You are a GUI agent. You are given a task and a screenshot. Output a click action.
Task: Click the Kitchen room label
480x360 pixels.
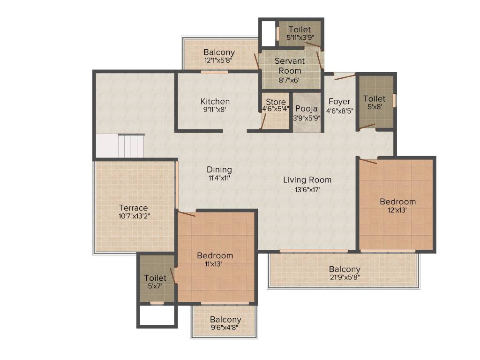215,101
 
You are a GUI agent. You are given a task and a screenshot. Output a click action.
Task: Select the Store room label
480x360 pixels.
276,102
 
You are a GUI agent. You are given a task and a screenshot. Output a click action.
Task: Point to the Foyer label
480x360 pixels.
339,102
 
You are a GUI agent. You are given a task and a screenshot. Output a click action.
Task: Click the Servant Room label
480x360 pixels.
290,66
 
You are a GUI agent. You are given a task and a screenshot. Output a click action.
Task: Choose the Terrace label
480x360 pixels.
133,208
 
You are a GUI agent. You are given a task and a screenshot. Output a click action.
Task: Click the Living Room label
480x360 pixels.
307,180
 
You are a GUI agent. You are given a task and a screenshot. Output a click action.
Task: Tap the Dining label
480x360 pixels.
219,170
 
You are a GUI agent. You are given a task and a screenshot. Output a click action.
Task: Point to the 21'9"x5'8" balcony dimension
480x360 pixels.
344,277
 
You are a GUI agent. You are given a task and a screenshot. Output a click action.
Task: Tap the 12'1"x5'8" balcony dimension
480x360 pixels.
219,60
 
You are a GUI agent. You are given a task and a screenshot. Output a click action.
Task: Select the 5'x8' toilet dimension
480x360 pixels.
374,106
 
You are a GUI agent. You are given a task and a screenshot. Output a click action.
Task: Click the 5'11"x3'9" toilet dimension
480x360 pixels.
300,38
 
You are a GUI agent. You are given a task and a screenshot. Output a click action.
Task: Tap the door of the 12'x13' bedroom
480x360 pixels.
368,161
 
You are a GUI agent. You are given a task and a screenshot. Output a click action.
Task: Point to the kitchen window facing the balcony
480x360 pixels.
214,72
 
